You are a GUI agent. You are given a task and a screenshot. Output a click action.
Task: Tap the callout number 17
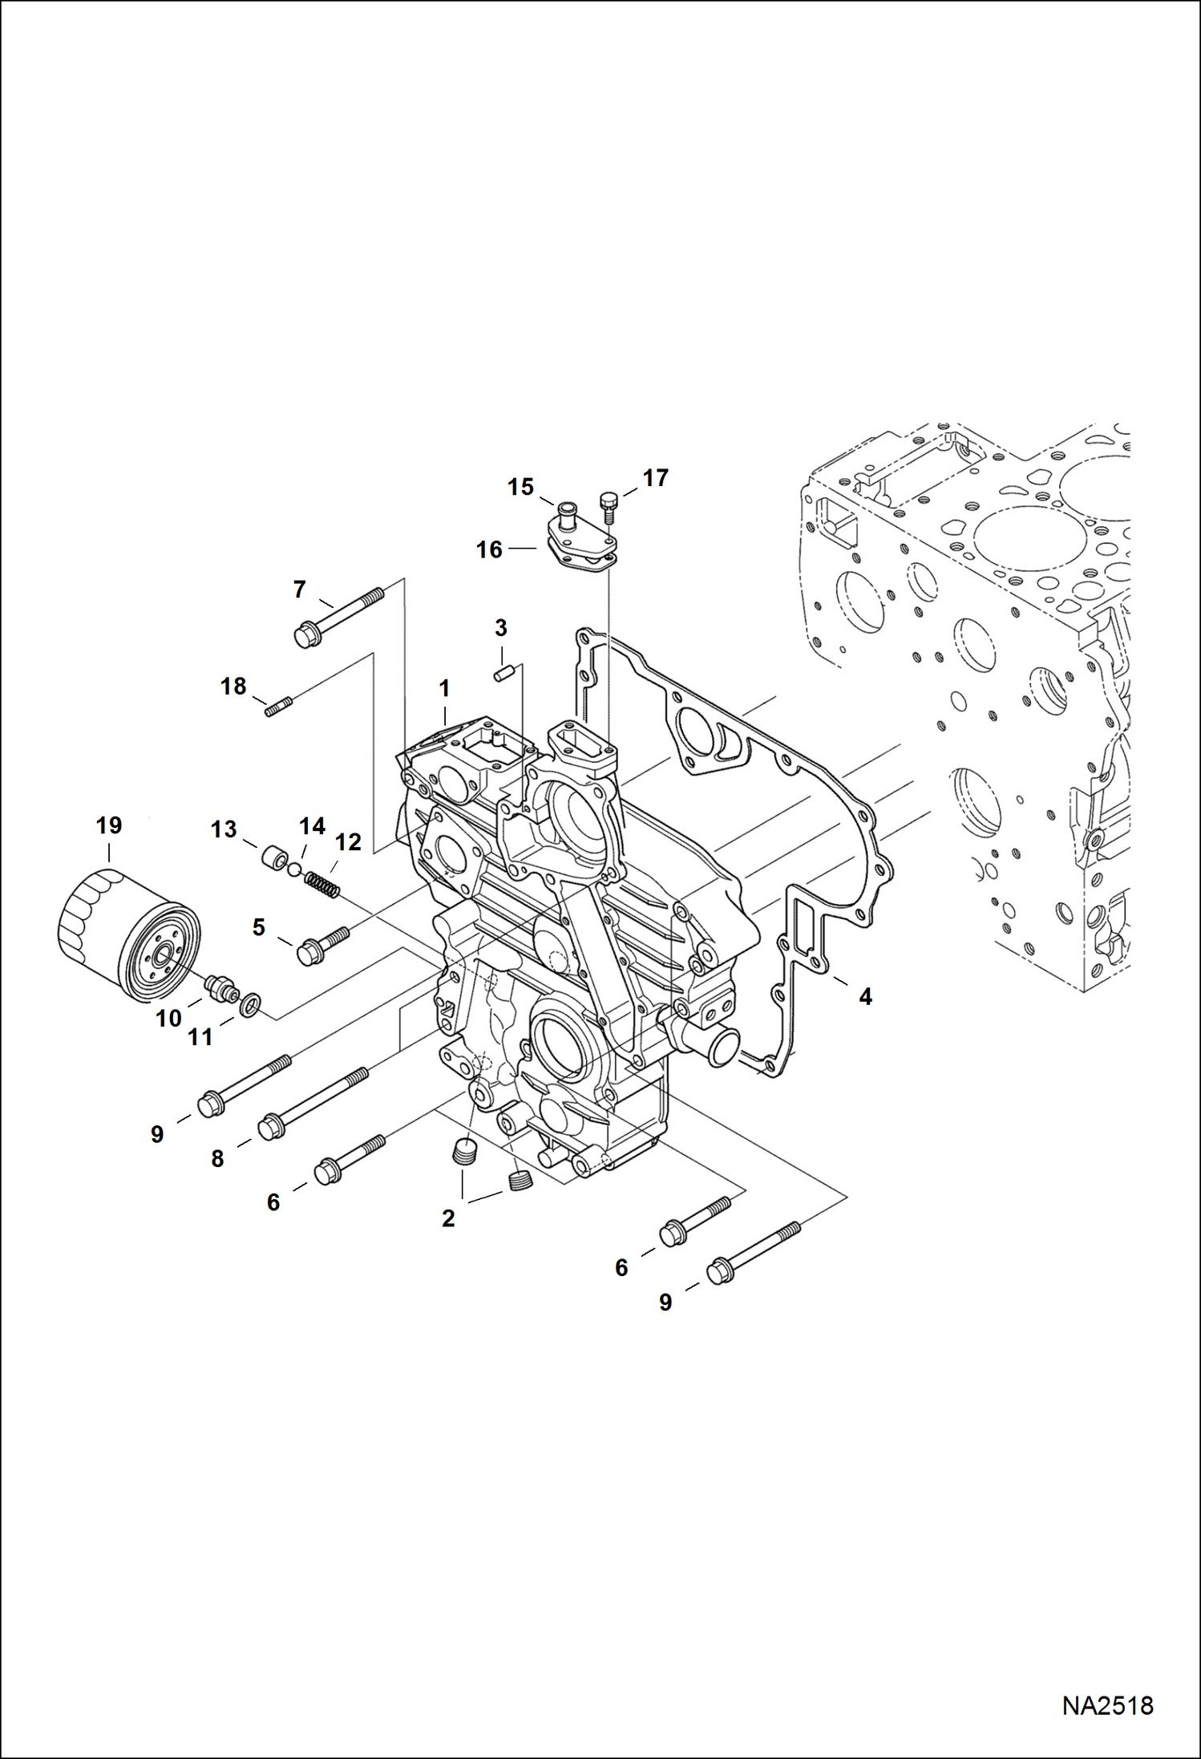pos(655,478)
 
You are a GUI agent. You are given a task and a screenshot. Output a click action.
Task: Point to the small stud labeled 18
pos(279,707)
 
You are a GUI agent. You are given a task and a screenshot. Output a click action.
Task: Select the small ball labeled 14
pos(294,869)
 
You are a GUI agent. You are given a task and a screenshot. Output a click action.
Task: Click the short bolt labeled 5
pos(321,945)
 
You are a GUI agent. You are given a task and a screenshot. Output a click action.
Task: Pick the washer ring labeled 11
pos(251,1003)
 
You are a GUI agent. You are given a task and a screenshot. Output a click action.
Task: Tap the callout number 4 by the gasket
pos(865,996)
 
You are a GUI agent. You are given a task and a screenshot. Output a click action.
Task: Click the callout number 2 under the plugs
pos(448,1218)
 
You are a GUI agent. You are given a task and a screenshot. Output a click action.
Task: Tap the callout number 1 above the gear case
pos(444,688)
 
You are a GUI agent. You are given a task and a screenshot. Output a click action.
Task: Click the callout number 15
pos(520,487)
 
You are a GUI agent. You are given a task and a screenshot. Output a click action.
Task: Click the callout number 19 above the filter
pos(109,825)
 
